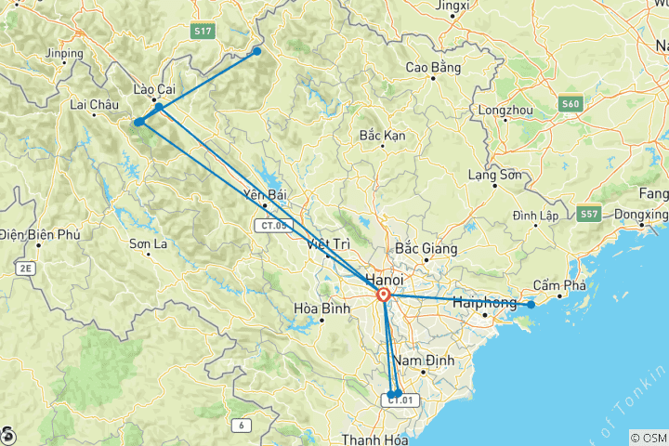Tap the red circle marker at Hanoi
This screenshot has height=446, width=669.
383,295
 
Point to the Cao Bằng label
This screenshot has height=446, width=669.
434,68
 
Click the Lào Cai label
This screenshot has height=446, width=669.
154,89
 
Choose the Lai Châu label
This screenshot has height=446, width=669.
98,105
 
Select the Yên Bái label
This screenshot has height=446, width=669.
264,195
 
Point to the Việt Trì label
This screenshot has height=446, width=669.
329,244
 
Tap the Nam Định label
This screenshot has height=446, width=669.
424,360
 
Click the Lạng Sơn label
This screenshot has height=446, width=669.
492,175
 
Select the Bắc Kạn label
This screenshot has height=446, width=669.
383,136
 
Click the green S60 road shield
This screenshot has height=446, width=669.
571,104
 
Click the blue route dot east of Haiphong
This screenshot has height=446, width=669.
531,305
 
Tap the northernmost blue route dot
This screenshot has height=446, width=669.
257,51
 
